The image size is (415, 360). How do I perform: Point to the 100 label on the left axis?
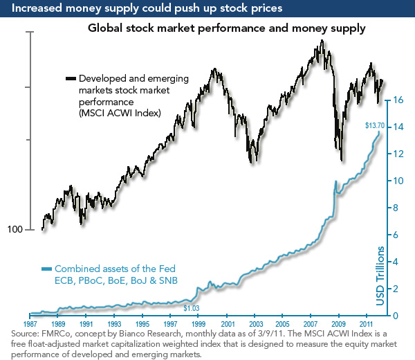click(x=15, y=230)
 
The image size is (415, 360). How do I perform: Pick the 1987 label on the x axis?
click(x=30, y=324)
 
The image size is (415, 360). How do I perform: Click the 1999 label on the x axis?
click(x=199, y=324)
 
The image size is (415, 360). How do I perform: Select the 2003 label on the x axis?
click(x=255, y=324)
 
